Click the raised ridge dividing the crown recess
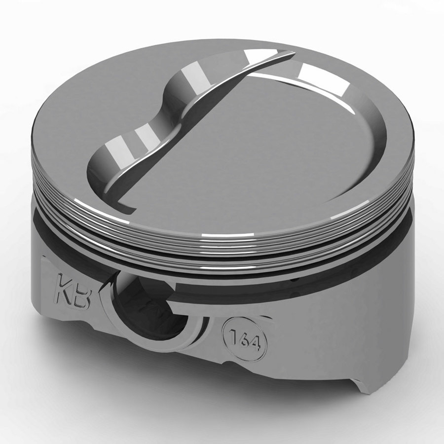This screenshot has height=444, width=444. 197,113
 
